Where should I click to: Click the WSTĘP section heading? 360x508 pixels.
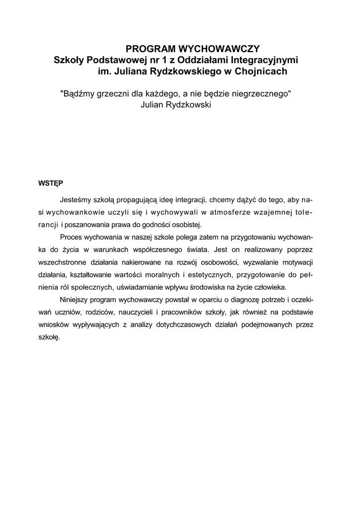tap(50, 183)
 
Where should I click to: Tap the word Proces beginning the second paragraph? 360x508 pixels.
tap(72, 236)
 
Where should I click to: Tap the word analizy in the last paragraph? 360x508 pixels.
tap(173, 324)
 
